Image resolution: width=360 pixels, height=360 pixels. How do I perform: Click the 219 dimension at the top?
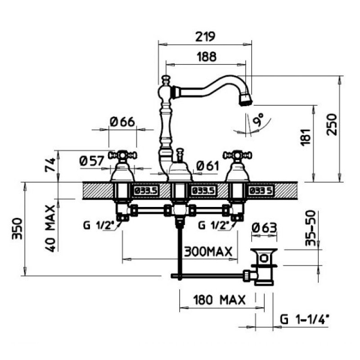205,36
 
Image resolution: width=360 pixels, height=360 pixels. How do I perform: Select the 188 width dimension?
207,57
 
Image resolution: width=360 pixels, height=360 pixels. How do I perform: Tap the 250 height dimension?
332,125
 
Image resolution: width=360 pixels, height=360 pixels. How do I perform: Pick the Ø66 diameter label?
122,121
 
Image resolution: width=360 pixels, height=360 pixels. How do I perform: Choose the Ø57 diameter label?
92,161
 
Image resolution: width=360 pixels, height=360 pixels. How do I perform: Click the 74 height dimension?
50,165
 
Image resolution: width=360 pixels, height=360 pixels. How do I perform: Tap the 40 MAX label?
50,229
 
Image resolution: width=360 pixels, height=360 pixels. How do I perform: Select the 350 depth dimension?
17,229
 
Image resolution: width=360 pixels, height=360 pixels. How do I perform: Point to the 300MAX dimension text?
208,252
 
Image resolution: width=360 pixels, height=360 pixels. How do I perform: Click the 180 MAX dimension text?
219,300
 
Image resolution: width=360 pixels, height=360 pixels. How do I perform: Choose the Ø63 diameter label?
264,228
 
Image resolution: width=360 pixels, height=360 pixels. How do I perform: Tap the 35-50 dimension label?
310,229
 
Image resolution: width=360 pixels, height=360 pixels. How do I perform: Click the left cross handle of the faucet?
122,155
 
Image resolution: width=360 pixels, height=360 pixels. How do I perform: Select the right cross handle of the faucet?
237,155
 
